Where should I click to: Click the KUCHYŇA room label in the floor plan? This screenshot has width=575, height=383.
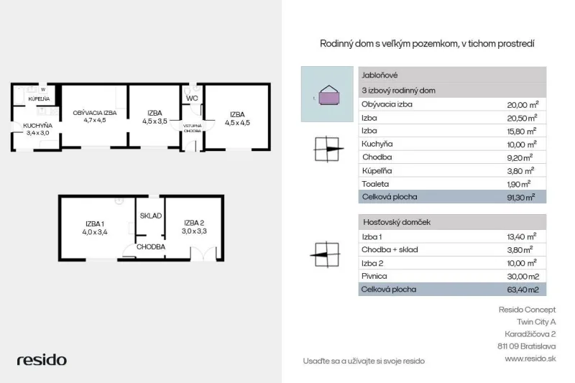point(38,126)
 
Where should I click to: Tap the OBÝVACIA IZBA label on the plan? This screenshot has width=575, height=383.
point(95,113)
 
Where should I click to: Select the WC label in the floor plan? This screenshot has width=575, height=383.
point(192,98)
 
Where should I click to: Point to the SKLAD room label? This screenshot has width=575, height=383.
point(151,216)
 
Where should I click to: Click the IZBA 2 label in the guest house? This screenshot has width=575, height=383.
point(194,223)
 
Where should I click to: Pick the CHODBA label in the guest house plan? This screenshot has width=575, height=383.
point(151,247)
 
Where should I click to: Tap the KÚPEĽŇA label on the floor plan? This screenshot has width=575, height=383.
point(39,99)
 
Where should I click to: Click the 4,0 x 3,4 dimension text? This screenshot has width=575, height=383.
point(95,232)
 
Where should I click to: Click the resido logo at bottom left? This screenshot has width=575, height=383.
point(42,360)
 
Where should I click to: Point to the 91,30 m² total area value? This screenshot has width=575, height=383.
point(520,197)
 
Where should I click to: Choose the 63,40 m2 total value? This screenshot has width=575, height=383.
point(523,290)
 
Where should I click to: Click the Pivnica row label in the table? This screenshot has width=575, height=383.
point(374,276)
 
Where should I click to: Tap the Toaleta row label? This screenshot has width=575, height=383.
point(375,184)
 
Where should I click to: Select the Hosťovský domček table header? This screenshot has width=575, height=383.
point(397,222)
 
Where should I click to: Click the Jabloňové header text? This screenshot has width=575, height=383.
point(379,75)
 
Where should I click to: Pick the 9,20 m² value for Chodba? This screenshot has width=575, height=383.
point(520,157)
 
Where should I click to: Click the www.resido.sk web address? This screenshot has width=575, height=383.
point(530,359)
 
